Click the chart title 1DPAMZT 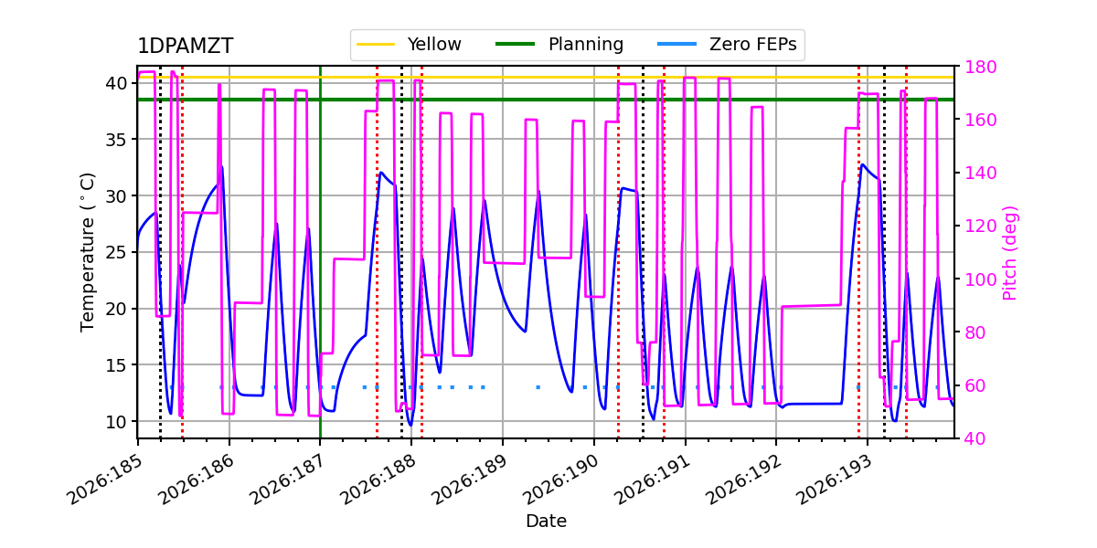[185, 46]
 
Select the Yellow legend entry [409, 45]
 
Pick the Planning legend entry [559, 45]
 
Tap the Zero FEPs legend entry [727, 45]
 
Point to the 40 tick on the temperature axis [116, 83]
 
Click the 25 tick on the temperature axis [116, 252]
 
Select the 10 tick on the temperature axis [116, 421]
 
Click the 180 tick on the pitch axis [980, 67]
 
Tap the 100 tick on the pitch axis [980, 279]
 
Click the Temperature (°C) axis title [87, 252]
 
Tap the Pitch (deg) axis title [1010, 254]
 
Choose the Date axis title [546, 522]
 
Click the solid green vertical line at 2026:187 [320, 251]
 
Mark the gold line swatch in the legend [376, 45]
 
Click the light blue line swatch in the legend [676, 45]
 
